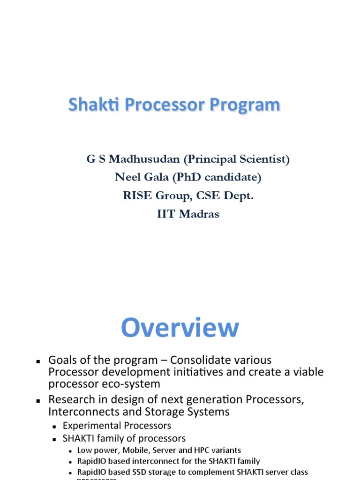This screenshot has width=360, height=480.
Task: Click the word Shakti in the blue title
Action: coord(89,105)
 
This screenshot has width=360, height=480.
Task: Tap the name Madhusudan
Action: coord(146,159)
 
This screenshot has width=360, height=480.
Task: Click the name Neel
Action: coord(126,177)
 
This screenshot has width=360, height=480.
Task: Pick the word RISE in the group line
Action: coord(135,195)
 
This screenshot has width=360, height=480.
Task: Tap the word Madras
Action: coord(199,214)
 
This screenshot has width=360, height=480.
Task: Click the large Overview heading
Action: coord(180,328)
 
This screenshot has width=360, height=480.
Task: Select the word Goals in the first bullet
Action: coord(62,360)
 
